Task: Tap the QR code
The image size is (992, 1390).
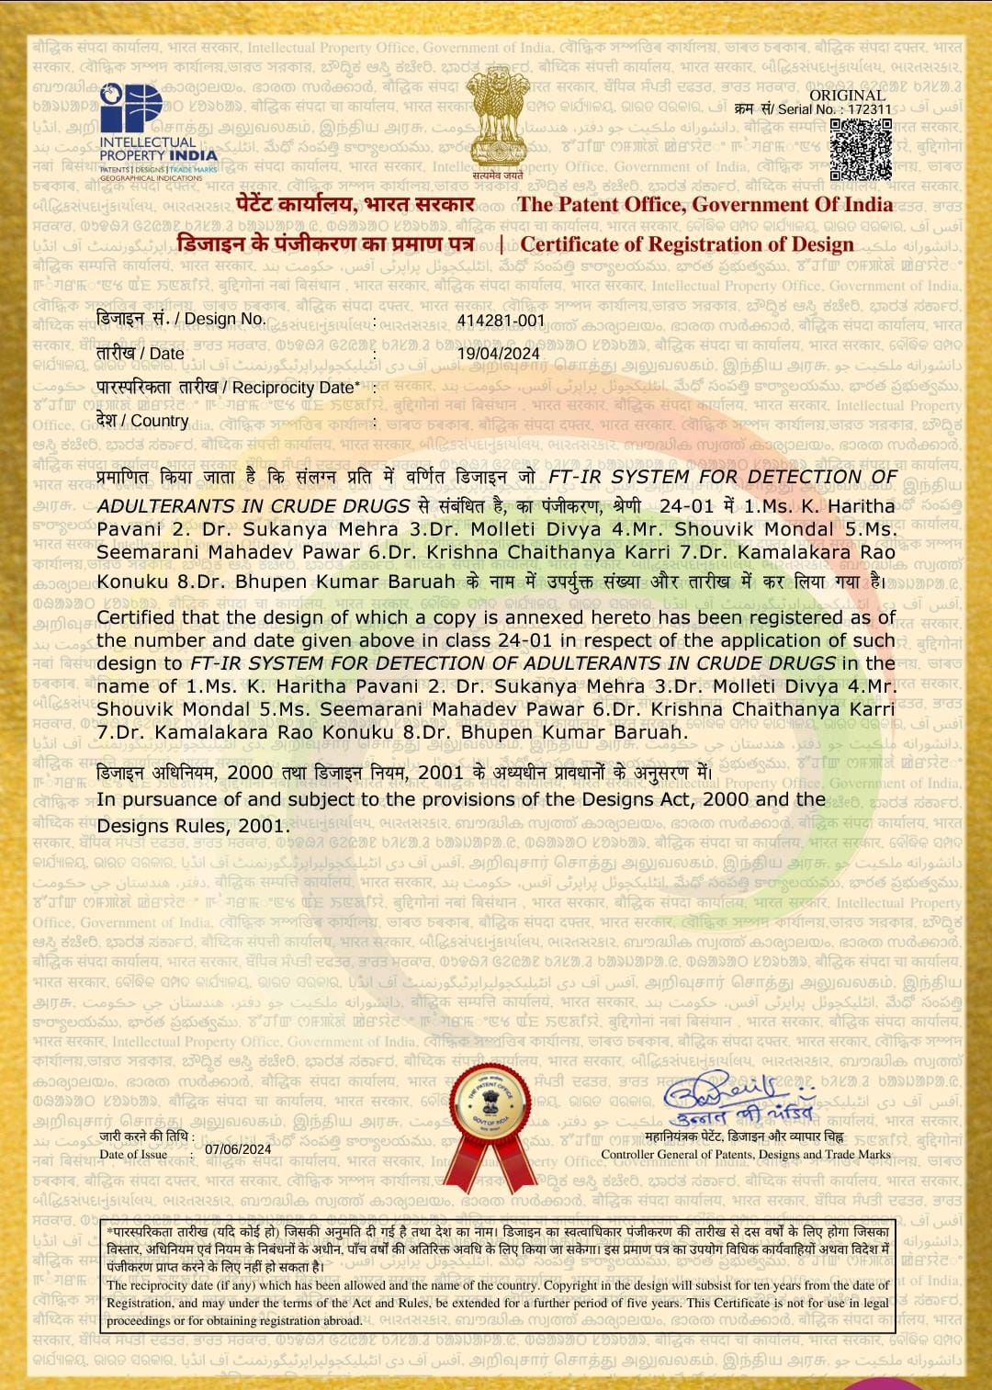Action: tap(860, 149)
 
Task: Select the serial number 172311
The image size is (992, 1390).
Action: tap(869, 109)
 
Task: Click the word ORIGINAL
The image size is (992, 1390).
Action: tap(847, 95)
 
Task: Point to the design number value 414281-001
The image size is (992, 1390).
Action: tap(501, 321)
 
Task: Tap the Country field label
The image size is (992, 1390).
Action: tap(142, 421)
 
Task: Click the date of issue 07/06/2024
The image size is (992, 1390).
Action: tap(238, 1149)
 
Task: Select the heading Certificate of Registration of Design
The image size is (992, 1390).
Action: tap(687, 244)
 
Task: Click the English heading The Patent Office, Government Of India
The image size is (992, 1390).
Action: tap(705, 205)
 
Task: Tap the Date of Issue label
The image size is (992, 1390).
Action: tap(133, 1155)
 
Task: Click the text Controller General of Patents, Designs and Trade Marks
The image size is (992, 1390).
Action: tap(746, 1155)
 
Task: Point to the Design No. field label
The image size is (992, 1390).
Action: tap(181, 320)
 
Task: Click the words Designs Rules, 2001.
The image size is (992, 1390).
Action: tap(193, 825)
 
